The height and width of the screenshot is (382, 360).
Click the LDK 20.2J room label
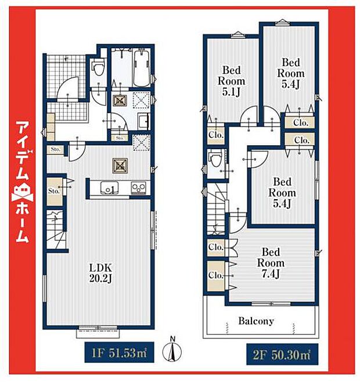100,272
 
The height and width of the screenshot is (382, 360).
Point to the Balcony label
256,320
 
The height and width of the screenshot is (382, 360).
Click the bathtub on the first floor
142,68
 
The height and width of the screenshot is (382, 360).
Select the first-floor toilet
98,73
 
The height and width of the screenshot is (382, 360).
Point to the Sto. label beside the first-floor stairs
55,190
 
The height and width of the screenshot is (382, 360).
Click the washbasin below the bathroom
143,121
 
